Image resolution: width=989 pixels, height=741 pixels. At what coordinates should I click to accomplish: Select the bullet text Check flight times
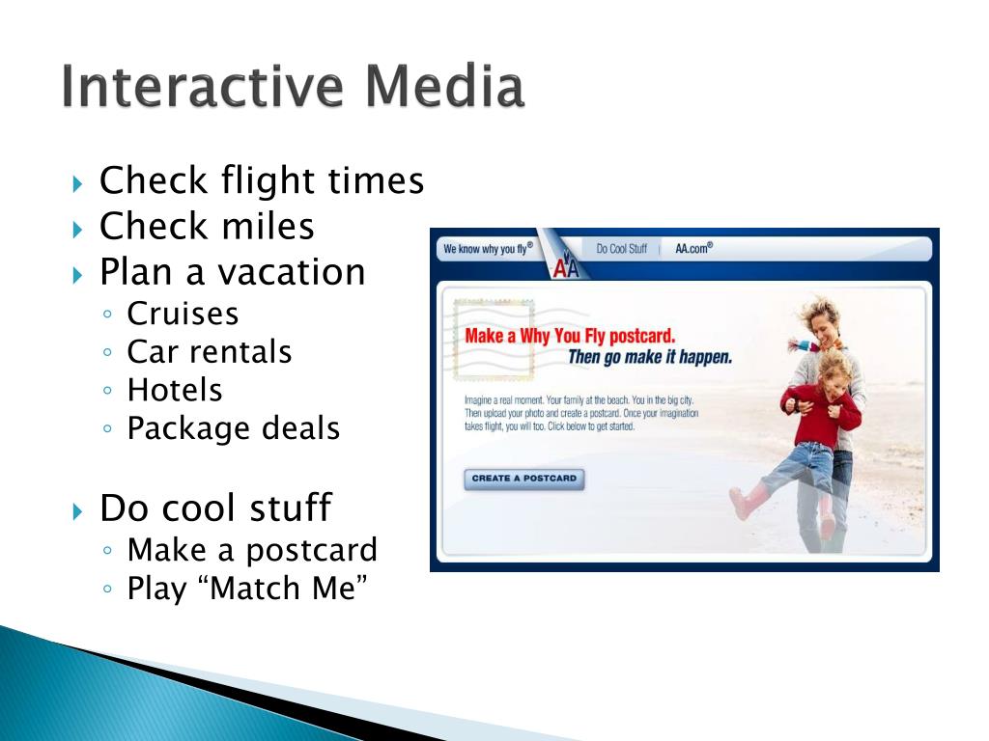coord(262,180)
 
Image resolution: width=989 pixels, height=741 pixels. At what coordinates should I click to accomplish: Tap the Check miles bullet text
coord(207,227)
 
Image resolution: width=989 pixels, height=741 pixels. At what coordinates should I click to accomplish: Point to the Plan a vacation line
coord(232,272)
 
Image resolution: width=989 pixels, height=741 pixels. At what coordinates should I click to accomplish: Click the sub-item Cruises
coord(183,314)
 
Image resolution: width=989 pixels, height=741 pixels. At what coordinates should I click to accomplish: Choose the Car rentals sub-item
coord(209,352)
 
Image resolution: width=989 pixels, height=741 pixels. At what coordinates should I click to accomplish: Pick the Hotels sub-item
coord(175,391)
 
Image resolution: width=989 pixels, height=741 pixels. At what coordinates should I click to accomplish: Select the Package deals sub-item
coord(233,428)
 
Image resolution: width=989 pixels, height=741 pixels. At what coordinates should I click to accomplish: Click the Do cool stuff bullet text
coord(215,508)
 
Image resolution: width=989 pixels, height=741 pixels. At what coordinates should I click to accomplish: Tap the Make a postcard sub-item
coord(252,551)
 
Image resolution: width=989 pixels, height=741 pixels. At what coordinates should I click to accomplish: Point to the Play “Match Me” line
coord(248,589)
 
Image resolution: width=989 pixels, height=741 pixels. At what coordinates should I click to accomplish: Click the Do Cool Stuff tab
coord(621,249)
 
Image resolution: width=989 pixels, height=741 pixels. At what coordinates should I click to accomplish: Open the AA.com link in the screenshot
coord(693,248)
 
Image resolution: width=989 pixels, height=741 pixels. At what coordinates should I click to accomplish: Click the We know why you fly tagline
coord(488,249)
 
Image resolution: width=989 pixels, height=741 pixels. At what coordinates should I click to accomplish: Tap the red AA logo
coord(565,269)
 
